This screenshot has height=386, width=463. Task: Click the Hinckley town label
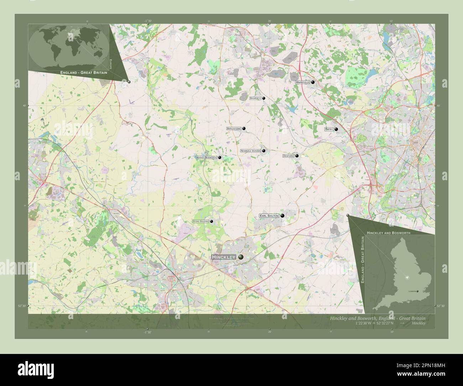223,257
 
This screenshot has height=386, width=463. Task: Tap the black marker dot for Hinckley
241,257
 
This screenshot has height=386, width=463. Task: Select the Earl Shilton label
269,216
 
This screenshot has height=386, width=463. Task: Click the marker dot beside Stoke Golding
212,221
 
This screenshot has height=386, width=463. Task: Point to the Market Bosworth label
206,157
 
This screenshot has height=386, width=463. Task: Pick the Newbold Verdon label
251,151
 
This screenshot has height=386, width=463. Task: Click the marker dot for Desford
297,156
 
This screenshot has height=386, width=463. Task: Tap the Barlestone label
234,129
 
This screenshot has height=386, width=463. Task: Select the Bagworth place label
255,98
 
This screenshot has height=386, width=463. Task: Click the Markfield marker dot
313,82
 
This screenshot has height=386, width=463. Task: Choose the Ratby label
329,130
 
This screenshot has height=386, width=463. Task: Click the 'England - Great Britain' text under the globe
84,73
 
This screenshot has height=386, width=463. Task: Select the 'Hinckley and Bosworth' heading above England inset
388,233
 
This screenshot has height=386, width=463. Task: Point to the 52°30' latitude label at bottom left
22,306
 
